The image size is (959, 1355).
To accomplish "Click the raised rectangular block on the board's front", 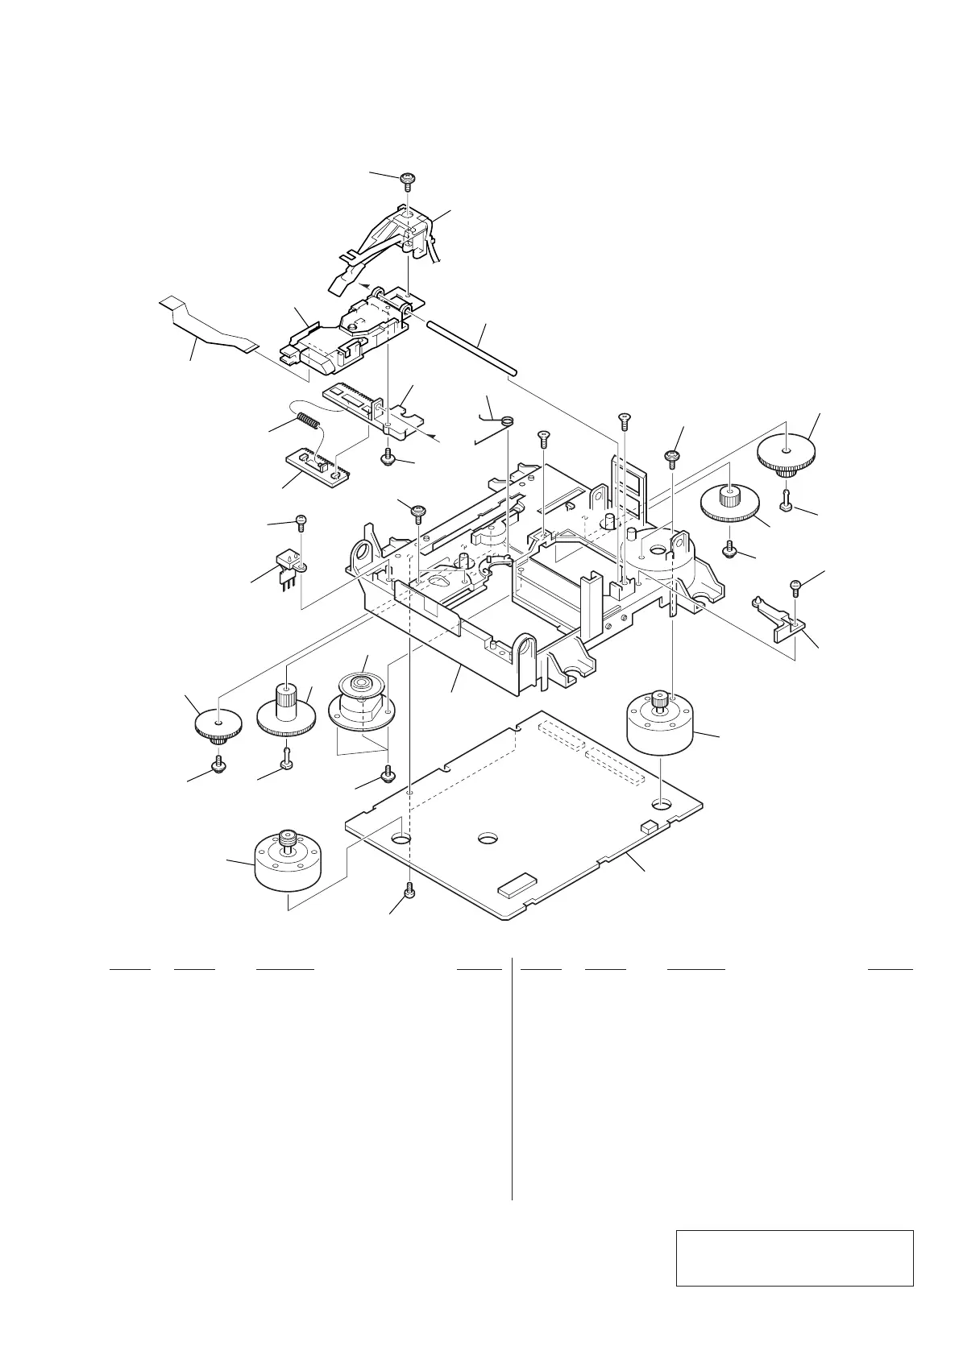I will click(x=517, y=889).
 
